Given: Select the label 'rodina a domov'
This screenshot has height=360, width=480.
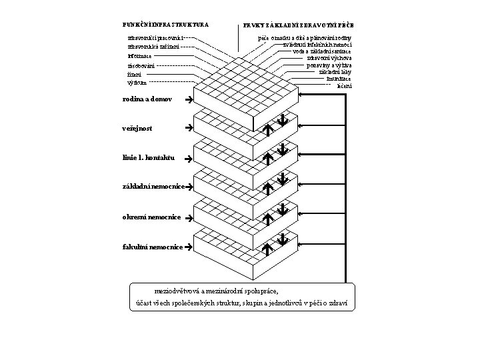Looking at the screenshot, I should pos(147,99).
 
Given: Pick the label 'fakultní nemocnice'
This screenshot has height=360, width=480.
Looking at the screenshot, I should pos(153,247).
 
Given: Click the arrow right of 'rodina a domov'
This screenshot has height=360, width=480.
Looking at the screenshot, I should pos(189,100).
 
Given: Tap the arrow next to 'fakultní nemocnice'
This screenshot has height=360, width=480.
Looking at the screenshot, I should pos(189,247).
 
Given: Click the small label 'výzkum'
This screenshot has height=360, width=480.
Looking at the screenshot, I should pos(137,83).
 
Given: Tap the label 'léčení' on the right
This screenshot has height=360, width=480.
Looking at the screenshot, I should pos(344,85).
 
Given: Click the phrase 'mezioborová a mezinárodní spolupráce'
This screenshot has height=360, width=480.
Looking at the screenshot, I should pos(217,291).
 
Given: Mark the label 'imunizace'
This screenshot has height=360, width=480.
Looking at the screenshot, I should pos(339,79).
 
